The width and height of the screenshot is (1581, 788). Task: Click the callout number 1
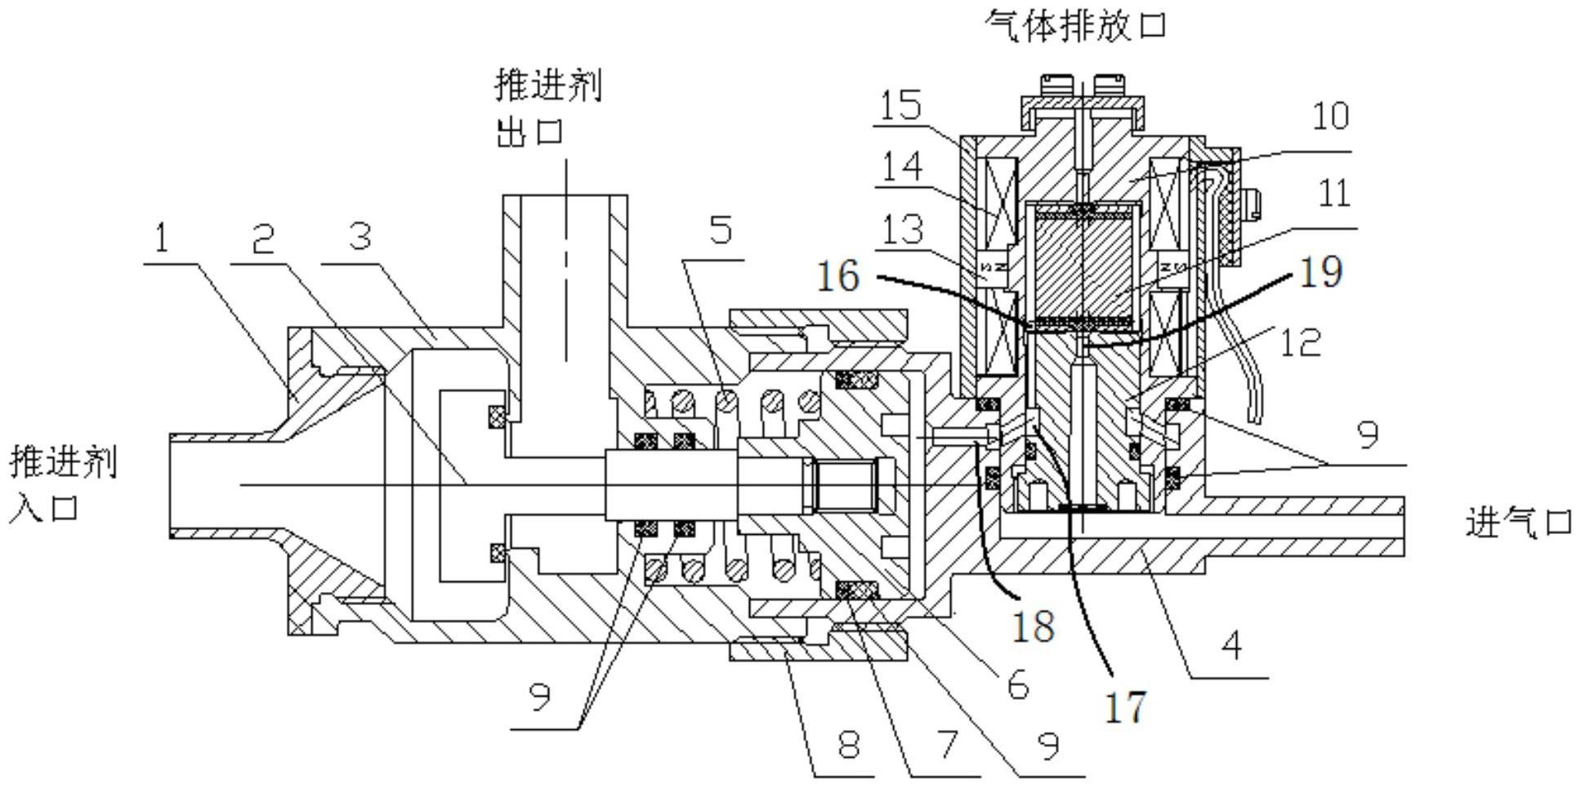[x=161, y=238]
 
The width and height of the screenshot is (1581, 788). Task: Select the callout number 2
[x=261, y=238]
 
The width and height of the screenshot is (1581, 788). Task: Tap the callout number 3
[x=360, y=237]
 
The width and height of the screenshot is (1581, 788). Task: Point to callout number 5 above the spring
[x=720, y=229]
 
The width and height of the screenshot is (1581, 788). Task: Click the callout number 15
[x=901, y=105]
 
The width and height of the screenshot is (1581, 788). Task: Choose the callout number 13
[x=901, y=229]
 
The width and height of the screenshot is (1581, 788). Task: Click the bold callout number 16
[x=838, y=276]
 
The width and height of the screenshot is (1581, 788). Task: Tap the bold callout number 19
[x=1320, y=271]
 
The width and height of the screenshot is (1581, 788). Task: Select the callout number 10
[x=1329, y=115]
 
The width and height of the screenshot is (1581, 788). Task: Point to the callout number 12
[x=1299, y=342]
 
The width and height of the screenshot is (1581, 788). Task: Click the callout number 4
[x=1231, y=646]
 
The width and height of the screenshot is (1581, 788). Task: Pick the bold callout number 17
[x=1125, y=706]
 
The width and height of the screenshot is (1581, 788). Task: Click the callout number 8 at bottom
[x=848, y=744]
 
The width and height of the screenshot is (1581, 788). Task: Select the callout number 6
[x=1016, y=684]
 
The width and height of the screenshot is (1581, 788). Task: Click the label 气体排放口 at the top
[x=1075, y=24]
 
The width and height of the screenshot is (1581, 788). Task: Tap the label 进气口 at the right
[x=1518, y=522]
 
